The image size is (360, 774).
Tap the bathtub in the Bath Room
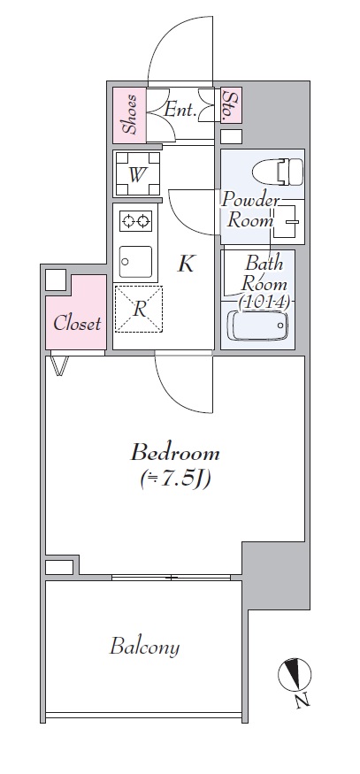tap(257, 326)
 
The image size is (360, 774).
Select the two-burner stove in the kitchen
tap(135, 220)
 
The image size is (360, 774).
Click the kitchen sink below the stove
tap(135, 262)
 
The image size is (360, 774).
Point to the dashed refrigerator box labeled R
tap(139, 309)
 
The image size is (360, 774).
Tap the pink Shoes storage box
tap(130, 115)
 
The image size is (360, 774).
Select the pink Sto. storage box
tap(230, 105)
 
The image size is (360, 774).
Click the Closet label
tap(77, 324)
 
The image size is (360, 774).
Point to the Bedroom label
tap(175, 453)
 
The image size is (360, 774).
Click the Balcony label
tap(144, 647)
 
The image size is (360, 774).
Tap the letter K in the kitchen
tap(186, 264)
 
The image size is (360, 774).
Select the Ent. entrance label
tap(180, 110)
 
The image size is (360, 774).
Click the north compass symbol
tap(295, 675)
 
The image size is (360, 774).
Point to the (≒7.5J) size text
tap(176, 479)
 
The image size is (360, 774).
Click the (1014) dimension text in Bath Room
tap(264, 302)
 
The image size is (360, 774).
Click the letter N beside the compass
tap(303, 701)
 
